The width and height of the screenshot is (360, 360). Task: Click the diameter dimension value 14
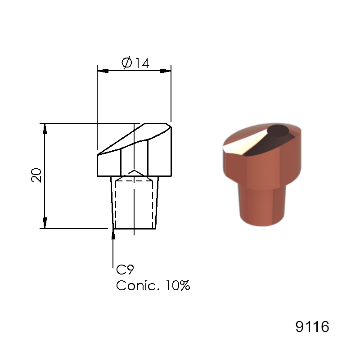point(141,63)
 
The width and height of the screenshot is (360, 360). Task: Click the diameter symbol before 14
point(126,63)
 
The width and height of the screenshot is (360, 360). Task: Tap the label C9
point(125,270)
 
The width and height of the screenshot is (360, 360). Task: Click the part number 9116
point(312,327)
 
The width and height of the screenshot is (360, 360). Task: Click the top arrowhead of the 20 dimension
point(45,128)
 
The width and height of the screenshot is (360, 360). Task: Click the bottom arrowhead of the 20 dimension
point(45,223)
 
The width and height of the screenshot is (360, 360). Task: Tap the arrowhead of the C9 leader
point(112,234)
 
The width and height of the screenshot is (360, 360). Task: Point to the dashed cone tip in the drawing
point(134,173)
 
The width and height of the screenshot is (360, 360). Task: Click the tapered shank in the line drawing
point(134,202)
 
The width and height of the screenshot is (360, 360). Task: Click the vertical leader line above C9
point(112,252)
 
